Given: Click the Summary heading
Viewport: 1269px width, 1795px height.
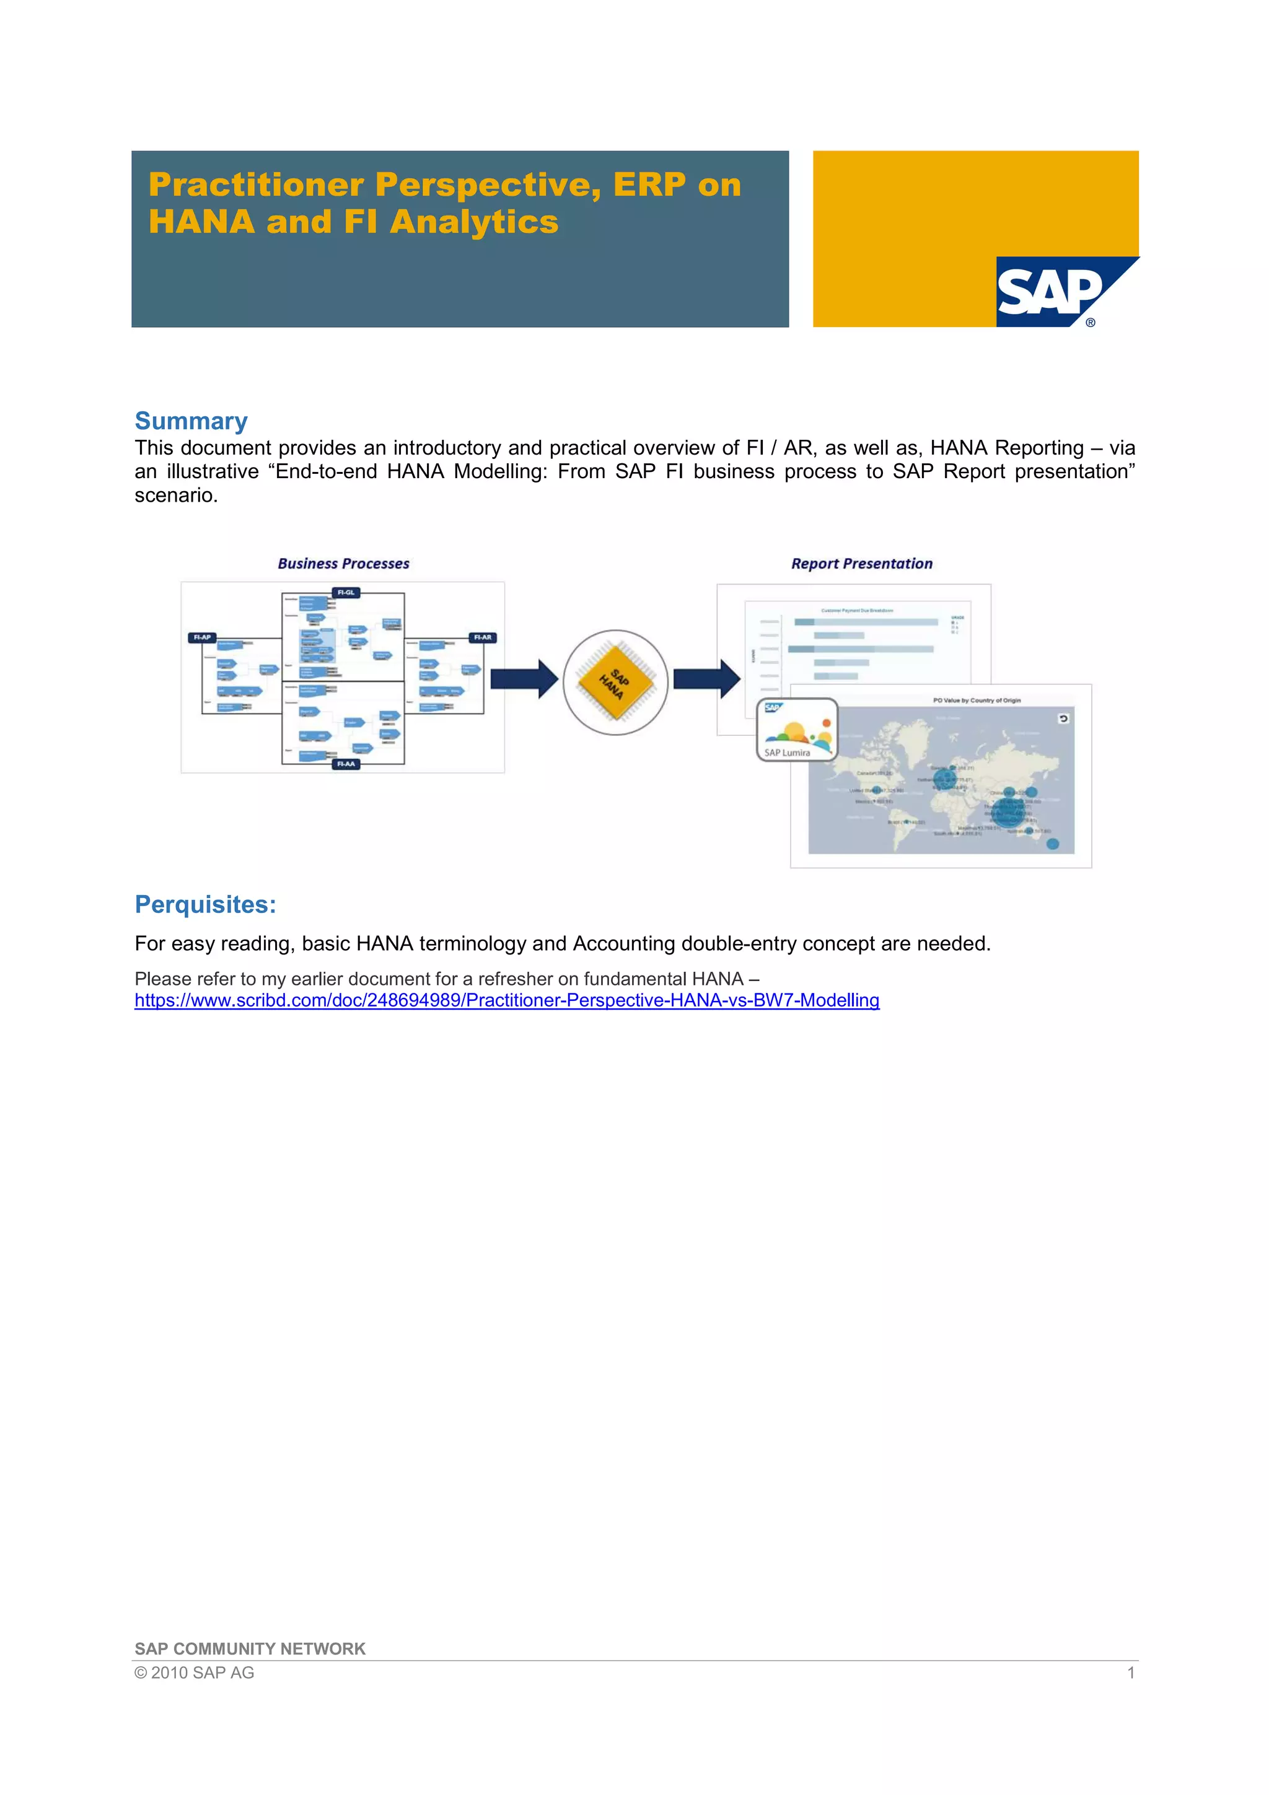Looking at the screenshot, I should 191,421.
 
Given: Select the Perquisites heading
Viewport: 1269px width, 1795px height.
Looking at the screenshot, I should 205,904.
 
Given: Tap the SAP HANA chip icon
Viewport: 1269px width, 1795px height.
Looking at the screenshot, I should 615,682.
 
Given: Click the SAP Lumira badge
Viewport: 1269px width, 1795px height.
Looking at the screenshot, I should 796,730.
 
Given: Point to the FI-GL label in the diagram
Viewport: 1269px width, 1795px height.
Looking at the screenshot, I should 346,593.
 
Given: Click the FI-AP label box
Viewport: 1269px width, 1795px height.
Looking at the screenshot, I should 202,637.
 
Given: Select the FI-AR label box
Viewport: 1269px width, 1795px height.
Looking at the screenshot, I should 483,637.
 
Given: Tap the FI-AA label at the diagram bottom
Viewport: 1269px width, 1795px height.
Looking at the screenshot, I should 346,764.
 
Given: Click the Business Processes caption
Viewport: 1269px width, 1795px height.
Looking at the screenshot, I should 343,564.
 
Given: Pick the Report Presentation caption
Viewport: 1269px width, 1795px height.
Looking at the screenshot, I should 862,564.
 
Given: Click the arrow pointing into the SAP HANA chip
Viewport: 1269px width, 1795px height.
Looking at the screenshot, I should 523,679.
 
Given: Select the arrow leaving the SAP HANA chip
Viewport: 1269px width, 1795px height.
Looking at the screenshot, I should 706,679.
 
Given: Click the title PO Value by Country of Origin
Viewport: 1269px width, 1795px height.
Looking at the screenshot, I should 977,701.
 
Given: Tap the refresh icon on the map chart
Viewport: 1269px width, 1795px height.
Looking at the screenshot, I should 1063,718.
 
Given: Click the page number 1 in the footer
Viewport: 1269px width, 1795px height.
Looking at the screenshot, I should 1131,1672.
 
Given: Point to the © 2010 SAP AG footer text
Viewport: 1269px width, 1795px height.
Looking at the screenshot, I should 194,1672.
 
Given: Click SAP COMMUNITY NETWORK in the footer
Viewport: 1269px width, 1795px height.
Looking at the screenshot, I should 250,1649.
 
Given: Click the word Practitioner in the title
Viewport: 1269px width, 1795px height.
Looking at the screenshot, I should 257,185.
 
